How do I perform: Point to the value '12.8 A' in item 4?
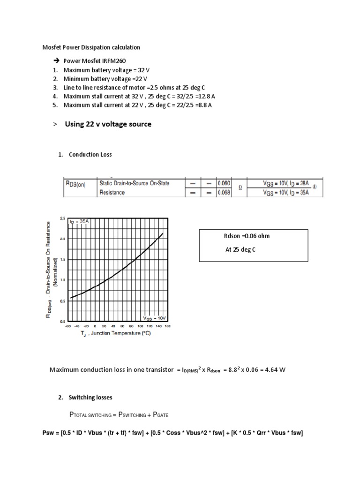(x=206, y=96)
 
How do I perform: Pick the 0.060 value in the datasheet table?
(x=224, y=183)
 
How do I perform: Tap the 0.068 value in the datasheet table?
(x=224, y=192)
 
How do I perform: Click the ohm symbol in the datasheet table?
(x=240, y=187)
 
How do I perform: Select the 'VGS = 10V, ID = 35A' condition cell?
(x=285, y=192)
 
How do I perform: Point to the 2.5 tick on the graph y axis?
(x=63, y=218)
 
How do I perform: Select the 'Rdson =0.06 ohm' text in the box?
(x=247, y=236)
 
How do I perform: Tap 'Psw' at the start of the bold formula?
(x=49, y=433)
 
